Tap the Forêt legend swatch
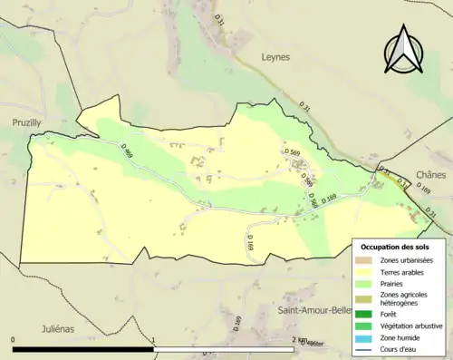pyautogui.click(x=364, y=314)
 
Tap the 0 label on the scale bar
pyautogui.click(x=13, y=340)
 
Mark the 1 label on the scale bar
pyautogui.click(x=155, y=340)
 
